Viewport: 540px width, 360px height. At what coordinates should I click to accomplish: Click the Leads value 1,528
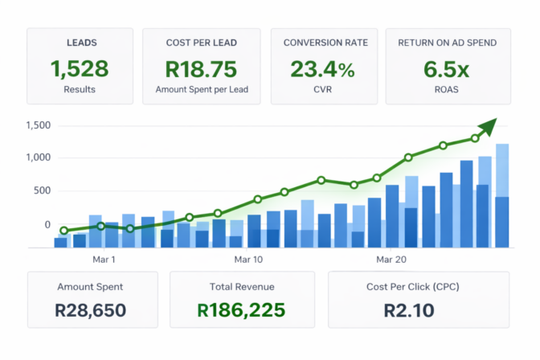(80, 69)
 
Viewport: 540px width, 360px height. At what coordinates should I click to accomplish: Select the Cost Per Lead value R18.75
(201, 69)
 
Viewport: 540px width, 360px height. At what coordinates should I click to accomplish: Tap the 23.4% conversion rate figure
(322, 69)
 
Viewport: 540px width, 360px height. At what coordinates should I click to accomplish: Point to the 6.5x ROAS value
(446, 69)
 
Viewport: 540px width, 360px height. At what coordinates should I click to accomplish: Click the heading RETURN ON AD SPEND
(448, 43)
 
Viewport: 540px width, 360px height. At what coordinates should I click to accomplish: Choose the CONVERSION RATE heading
(325, 43)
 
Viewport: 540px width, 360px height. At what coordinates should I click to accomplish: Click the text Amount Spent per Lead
(202, 89)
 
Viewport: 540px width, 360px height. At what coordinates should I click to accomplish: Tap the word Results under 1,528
(80, 89)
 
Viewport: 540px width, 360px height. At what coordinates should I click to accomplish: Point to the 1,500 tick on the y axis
(39, 125)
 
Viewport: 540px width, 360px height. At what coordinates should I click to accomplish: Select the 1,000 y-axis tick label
(39, 157)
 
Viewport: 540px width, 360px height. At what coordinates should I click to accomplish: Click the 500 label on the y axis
(42, 190)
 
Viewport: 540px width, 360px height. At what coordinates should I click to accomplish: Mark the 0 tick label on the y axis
(47, 225)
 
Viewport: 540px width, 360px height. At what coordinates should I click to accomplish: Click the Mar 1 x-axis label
(104, 260)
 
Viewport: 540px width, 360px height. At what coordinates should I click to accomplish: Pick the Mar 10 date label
(248, 260)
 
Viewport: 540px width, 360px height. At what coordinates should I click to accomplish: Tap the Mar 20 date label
(391, 260)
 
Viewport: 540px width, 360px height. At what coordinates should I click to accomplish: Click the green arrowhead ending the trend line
(489, 126)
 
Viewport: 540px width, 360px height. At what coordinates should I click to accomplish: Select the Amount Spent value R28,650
(90, 310)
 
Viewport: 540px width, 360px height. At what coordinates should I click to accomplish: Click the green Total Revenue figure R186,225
(241, 310)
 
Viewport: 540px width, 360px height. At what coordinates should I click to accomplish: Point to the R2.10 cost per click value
(409, 310)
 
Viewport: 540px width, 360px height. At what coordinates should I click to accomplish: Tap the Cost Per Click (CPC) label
(412, 287)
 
